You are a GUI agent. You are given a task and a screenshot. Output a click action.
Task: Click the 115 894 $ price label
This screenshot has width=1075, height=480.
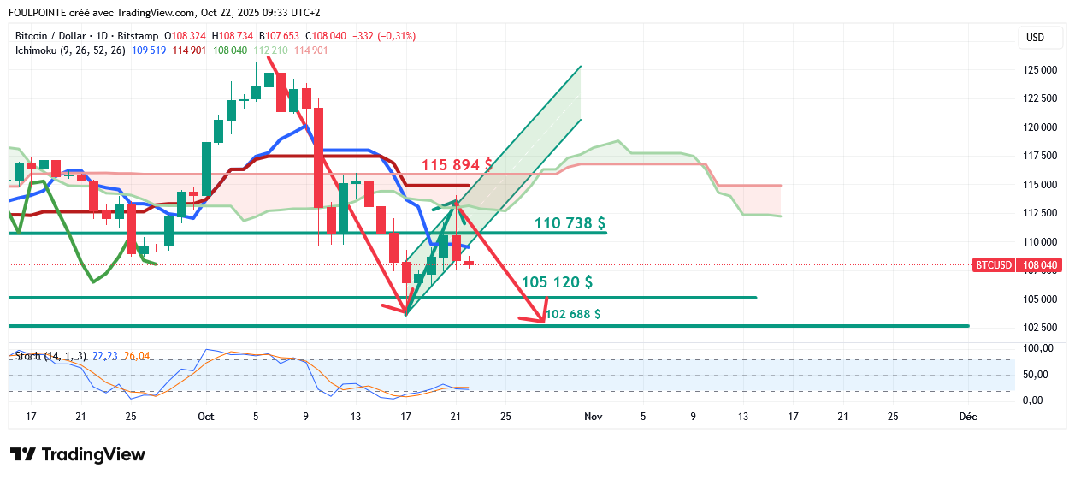click(457, 164)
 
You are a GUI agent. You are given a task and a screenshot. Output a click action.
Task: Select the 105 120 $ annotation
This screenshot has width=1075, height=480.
click(557, 282)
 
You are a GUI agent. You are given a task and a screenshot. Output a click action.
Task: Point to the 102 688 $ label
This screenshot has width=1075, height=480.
click(573, 314)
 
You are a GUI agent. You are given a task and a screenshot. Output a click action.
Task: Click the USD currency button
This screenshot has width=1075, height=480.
click(1035, 38)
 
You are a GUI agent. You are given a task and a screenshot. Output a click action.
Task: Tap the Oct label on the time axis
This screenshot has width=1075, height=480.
click(205, 417)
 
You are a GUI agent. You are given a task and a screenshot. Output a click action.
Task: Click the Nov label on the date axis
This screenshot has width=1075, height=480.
click(592, 417)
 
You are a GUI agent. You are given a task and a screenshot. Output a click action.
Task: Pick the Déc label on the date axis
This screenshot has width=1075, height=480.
click(968, 417)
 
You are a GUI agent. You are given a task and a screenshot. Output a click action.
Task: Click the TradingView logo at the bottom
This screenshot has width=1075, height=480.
click(78, 454)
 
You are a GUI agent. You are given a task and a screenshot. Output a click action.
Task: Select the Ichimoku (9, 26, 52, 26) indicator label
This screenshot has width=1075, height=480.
click(70, 50)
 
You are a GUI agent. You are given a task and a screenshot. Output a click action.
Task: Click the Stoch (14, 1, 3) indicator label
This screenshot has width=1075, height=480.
click(50, 356)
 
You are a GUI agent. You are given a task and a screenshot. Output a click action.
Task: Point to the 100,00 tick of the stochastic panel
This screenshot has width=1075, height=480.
click(1038, 349)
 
